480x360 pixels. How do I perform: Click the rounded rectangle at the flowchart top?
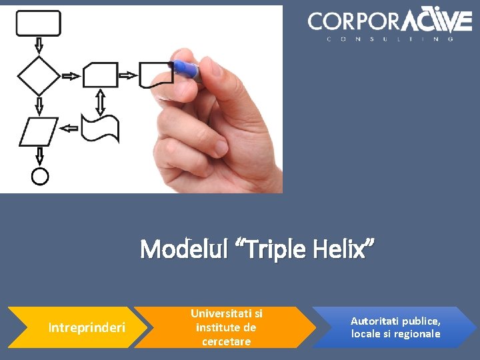pos(38,23)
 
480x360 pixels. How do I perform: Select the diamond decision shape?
pos(38,75)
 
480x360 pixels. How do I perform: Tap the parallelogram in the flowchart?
pos(39,131)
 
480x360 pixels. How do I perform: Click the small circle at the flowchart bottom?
pos(40,176)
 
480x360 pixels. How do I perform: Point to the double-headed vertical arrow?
pos(101,101)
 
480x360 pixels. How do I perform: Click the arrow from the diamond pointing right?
pos(70,76)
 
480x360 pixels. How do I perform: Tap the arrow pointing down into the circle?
pos(39,156)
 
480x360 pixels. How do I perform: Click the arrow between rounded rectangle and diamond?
pos(39,45)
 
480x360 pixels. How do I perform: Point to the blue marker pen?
pos(187,69)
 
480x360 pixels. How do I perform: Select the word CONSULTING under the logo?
pos(390,39)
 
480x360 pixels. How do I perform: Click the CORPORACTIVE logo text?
pos(390,21)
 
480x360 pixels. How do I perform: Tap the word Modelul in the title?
pos(178,250)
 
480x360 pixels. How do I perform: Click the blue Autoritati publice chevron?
pos(395,327)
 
